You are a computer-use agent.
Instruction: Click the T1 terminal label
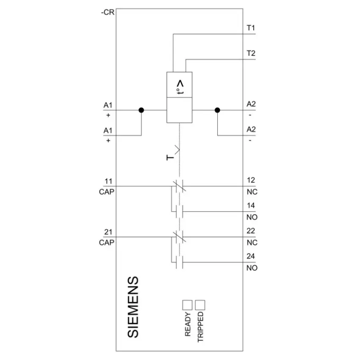point(251,28)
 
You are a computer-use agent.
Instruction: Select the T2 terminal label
point(251,53)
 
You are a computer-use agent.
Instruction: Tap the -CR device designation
point(108,12)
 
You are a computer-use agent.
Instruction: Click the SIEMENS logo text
point(133,307)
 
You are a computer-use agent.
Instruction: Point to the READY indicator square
point(187,305)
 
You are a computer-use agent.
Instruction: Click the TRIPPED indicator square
point(200,305)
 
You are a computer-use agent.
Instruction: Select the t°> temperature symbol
point(180,87)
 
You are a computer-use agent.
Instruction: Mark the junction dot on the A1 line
point(141,110)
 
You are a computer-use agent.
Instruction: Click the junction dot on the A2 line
point(217,110)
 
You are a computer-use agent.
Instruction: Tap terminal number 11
point(108,181)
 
